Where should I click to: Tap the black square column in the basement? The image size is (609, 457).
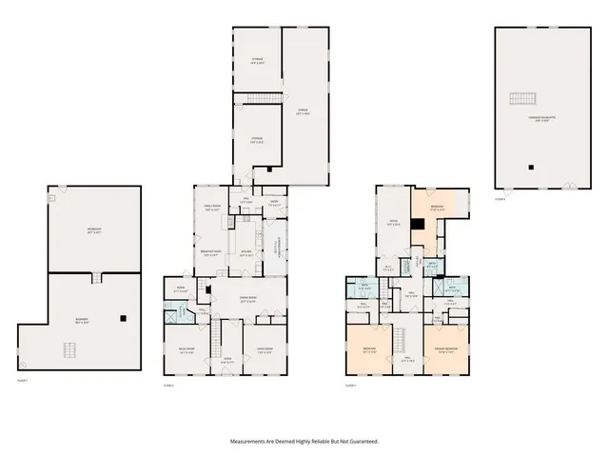[122, 319]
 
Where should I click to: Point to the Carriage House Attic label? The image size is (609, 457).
[541, 117]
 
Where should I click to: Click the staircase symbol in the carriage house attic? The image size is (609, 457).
[521, 99]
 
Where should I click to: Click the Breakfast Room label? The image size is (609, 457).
[211, 253]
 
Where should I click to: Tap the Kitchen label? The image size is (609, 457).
[246, 253]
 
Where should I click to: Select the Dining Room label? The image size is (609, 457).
[246, 302]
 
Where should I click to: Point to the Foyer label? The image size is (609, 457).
[226, 361]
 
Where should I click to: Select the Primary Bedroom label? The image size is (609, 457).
[446, 349]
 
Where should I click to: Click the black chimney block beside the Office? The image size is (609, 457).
[416, 225]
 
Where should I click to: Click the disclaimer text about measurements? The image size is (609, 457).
[304, 442]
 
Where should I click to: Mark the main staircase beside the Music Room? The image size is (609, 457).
[215, 334]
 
